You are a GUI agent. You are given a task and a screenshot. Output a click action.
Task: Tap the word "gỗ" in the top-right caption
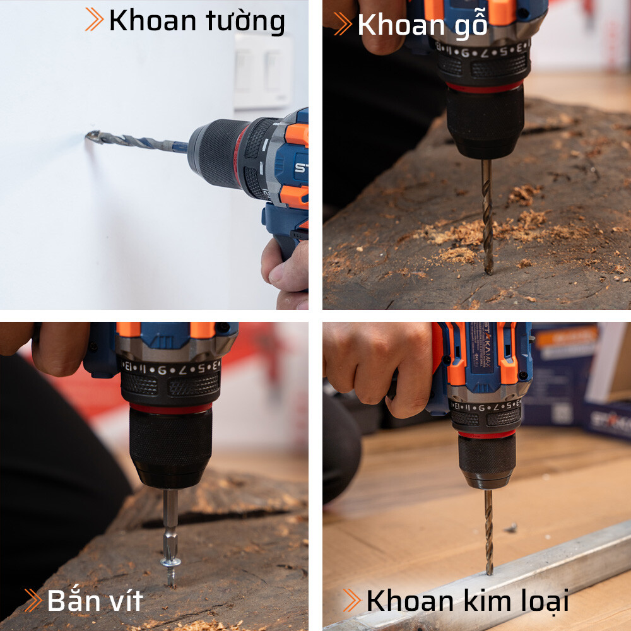tap(470, 25)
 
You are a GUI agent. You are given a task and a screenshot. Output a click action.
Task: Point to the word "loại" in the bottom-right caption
tap(543, 601)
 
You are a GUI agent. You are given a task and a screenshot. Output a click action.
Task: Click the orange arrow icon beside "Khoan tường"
tap(94, 20)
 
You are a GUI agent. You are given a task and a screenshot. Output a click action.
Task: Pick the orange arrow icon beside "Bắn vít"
tap(33, 600)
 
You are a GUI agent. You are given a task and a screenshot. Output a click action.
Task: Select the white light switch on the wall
tap(263, 71)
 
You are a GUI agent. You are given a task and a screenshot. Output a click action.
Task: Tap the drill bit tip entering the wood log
tap(488, 268)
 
